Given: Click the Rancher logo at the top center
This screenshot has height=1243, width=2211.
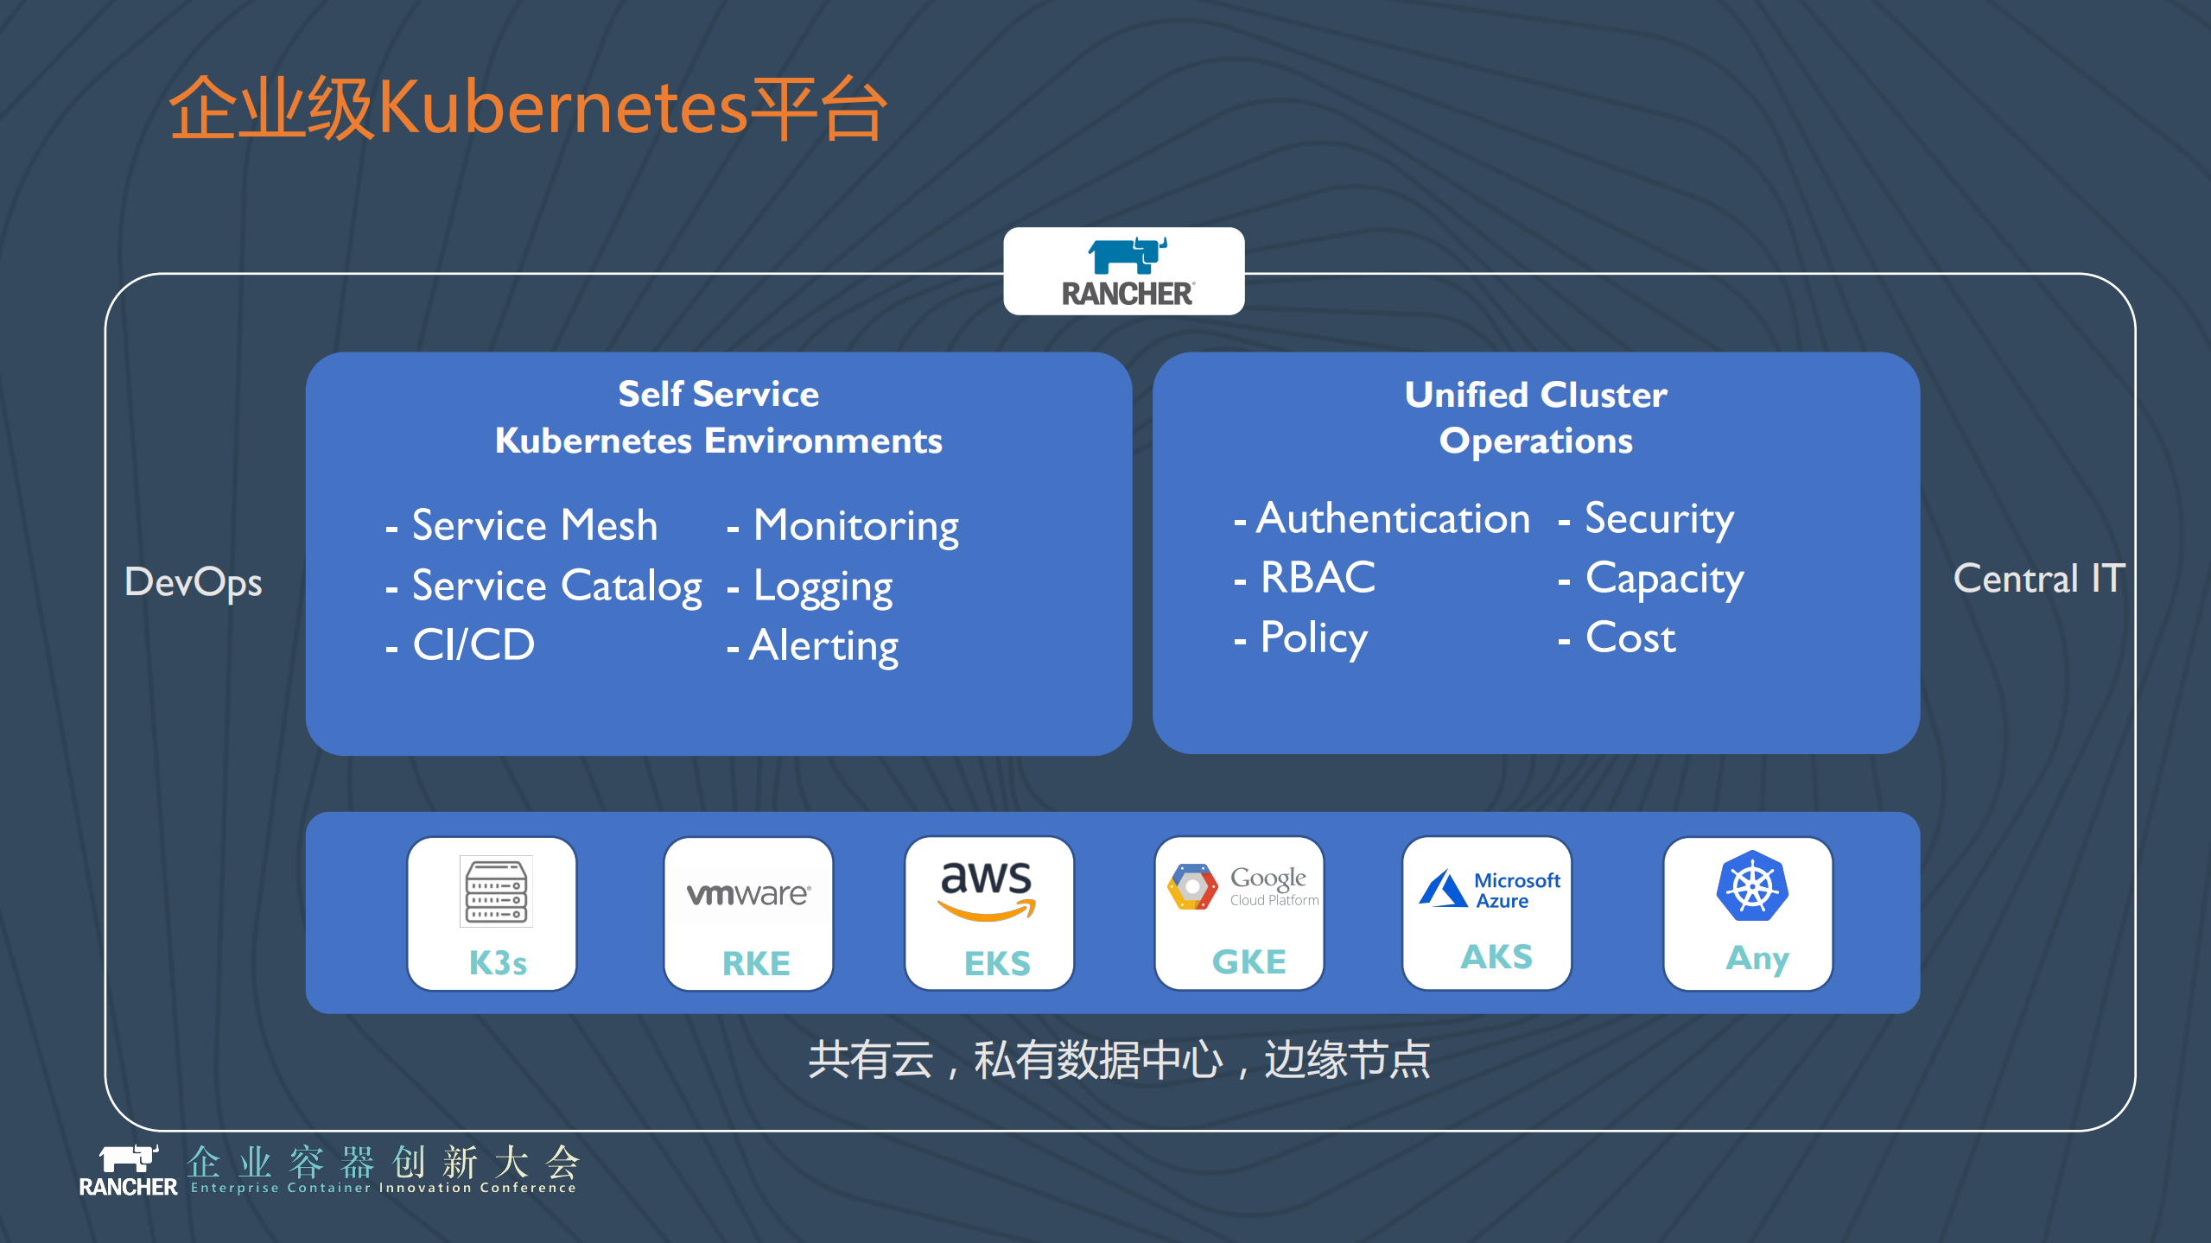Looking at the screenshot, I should (x=1125, y=271).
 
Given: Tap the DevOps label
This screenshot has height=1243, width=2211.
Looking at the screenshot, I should (x=193, y=581).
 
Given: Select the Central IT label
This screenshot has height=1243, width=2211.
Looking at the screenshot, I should (x=2037, y=578).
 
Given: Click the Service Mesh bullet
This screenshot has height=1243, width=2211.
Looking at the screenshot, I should (x=534, y=525).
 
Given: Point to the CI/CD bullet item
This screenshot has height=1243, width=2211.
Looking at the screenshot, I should (x=473, y=644).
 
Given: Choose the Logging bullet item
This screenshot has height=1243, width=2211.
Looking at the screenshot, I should (x=822, y=587).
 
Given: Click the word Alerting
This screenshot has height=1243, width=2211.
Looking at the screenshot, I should (x=823, y=645).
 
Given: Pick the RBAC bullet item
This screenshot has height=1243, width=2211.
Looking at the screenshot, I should (x=1317, y=577).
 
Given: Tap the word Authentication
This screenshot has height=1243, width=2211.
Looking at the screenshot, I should (x=1393, y=518).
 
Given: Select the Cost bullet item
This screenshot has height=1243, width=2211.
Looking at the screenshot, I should (x=1630, y=637).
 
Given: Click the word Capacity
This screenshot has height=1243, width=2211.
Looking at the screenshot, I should (x=1664, y=579).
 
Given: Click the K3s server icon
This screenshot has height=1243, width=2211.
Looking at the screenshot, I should (x=496, y=891).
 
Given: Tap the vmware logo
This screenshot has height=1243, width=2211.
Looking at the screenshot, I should (x=748, y=894).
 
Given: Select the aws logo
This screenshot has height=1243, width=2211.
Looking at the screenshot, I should (x=987, y=890).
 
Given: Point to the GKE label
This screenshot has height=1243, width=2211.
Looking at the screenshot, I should (x=1248, y=961).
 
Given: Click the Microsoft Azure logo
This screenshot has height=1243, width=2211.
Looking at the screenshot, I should (x=1489, y=890).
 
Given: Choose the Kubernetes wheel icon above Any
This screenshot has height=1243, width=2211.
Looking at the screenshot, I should (x=1751, y=886).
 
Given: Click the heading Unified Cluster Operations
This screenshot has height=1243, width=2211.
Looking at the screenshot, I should (x=1535, y=417).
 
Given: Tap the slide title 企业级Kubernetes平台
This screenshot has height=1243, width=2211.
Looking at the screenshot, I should (x=527, y=108).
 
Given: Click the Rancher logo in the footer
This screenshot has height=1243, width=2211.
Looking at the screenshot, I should (x=128, y=1170).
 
